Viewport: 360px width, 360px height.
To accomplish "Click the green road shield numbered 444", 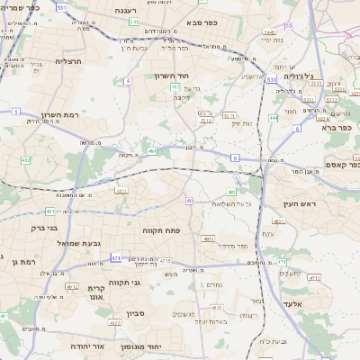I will coord(274,117).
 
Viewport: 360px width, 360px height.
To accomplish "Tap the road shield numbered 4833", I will coord(208,238).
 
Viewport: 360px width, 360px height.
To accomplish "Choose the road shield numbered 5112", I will coord(206,119).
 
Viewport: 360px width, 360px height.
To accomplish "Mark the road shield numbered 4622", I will coord(114,322).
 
